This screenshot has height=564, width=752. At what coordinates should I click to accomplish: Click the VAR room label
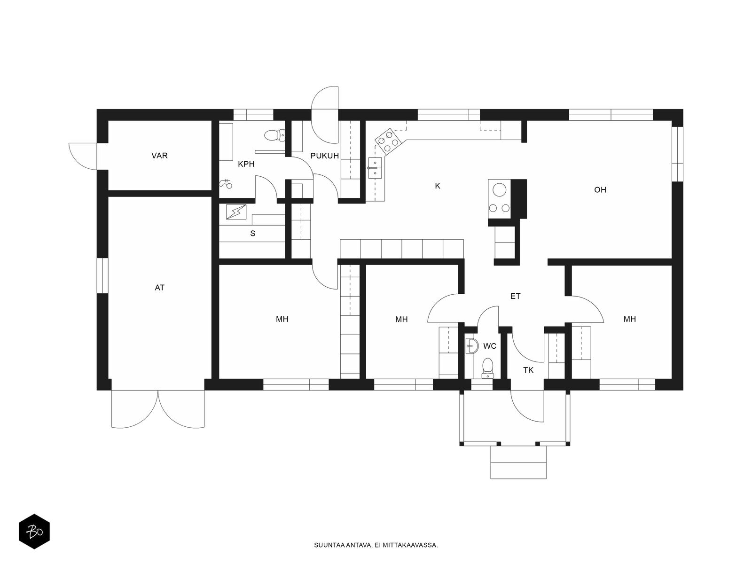pyautogui.click(x=160, y=156)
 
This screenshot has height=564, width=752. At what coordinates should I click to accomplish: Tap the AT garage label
pyautogui.click(x=160, y=288)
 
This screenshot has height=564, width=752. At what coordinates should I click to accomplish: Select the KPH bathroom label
pyautogui.click(x=246, y=164)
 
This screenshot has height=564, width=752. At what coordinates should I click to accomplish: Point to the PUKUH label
pyautogui.click(x=324, y=156)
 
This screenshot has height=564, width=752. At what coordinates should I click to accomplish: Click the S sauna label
pyautogui.click(x=253, y=234)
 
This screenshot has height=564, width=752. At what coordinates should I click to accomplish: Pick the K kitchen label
pyautogui.click(x=438, y=186)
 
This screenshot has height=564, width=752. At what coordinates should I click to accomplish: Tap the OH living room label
pyautogui.click(x=600, y=190)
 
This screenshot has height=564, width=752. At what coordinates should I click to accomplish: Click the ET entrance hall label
pyautogui.click(x=516, y=296)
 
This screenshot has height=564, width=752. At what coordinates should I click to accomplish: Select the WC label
pyautogui.click(x=490, y=346)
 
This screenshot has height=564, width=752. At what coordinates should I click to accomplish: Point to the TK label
pyautogui.click(x=528, y=370)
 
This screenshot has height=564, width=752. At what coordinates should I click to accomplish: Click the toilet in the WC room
pyautogui.click(x=487, y=368)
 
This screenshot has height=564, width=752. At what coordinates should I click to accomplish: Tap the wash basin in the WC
pyautogui.click(x=472, y=346)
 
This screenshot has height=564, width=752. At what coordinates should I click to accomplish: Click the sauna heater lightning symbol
pyautogui.click(x=236, y=212)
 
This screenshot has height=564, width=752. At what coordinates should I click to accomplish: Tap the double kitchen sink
pyautogui.click(x=375, y=168)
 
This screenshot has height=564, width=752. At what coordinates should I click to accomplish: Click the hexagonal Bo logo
pyautogui.click(x=34, y=532)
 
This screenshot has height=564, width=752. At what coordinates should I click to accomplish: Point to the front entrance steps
pyautogui.click(x=518, y=462)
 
